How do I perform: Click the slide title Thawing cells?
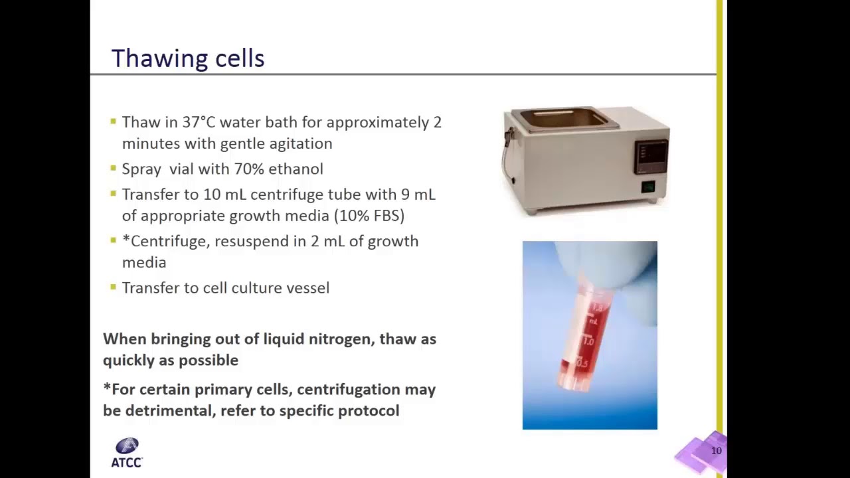pos(188,58)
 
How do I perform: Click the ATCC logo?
pos(127,453)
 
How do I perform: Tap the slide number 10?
pos(716,451)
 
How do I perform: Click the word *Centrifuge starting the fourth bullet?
pos(165,241)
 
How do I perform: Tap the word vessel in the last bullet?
pos(307,287)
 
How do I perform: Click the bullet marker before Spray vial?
pos(114,169)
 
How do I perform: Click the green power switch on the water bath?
pos(647,187)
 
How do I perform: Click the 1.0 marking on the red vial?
pos(588,341)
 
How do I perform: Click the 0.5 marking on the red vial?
pos(582,363)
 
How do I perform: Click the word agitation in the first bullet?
pos(300,143)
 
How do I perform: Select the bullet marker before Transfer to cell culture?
pos(114,287)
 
